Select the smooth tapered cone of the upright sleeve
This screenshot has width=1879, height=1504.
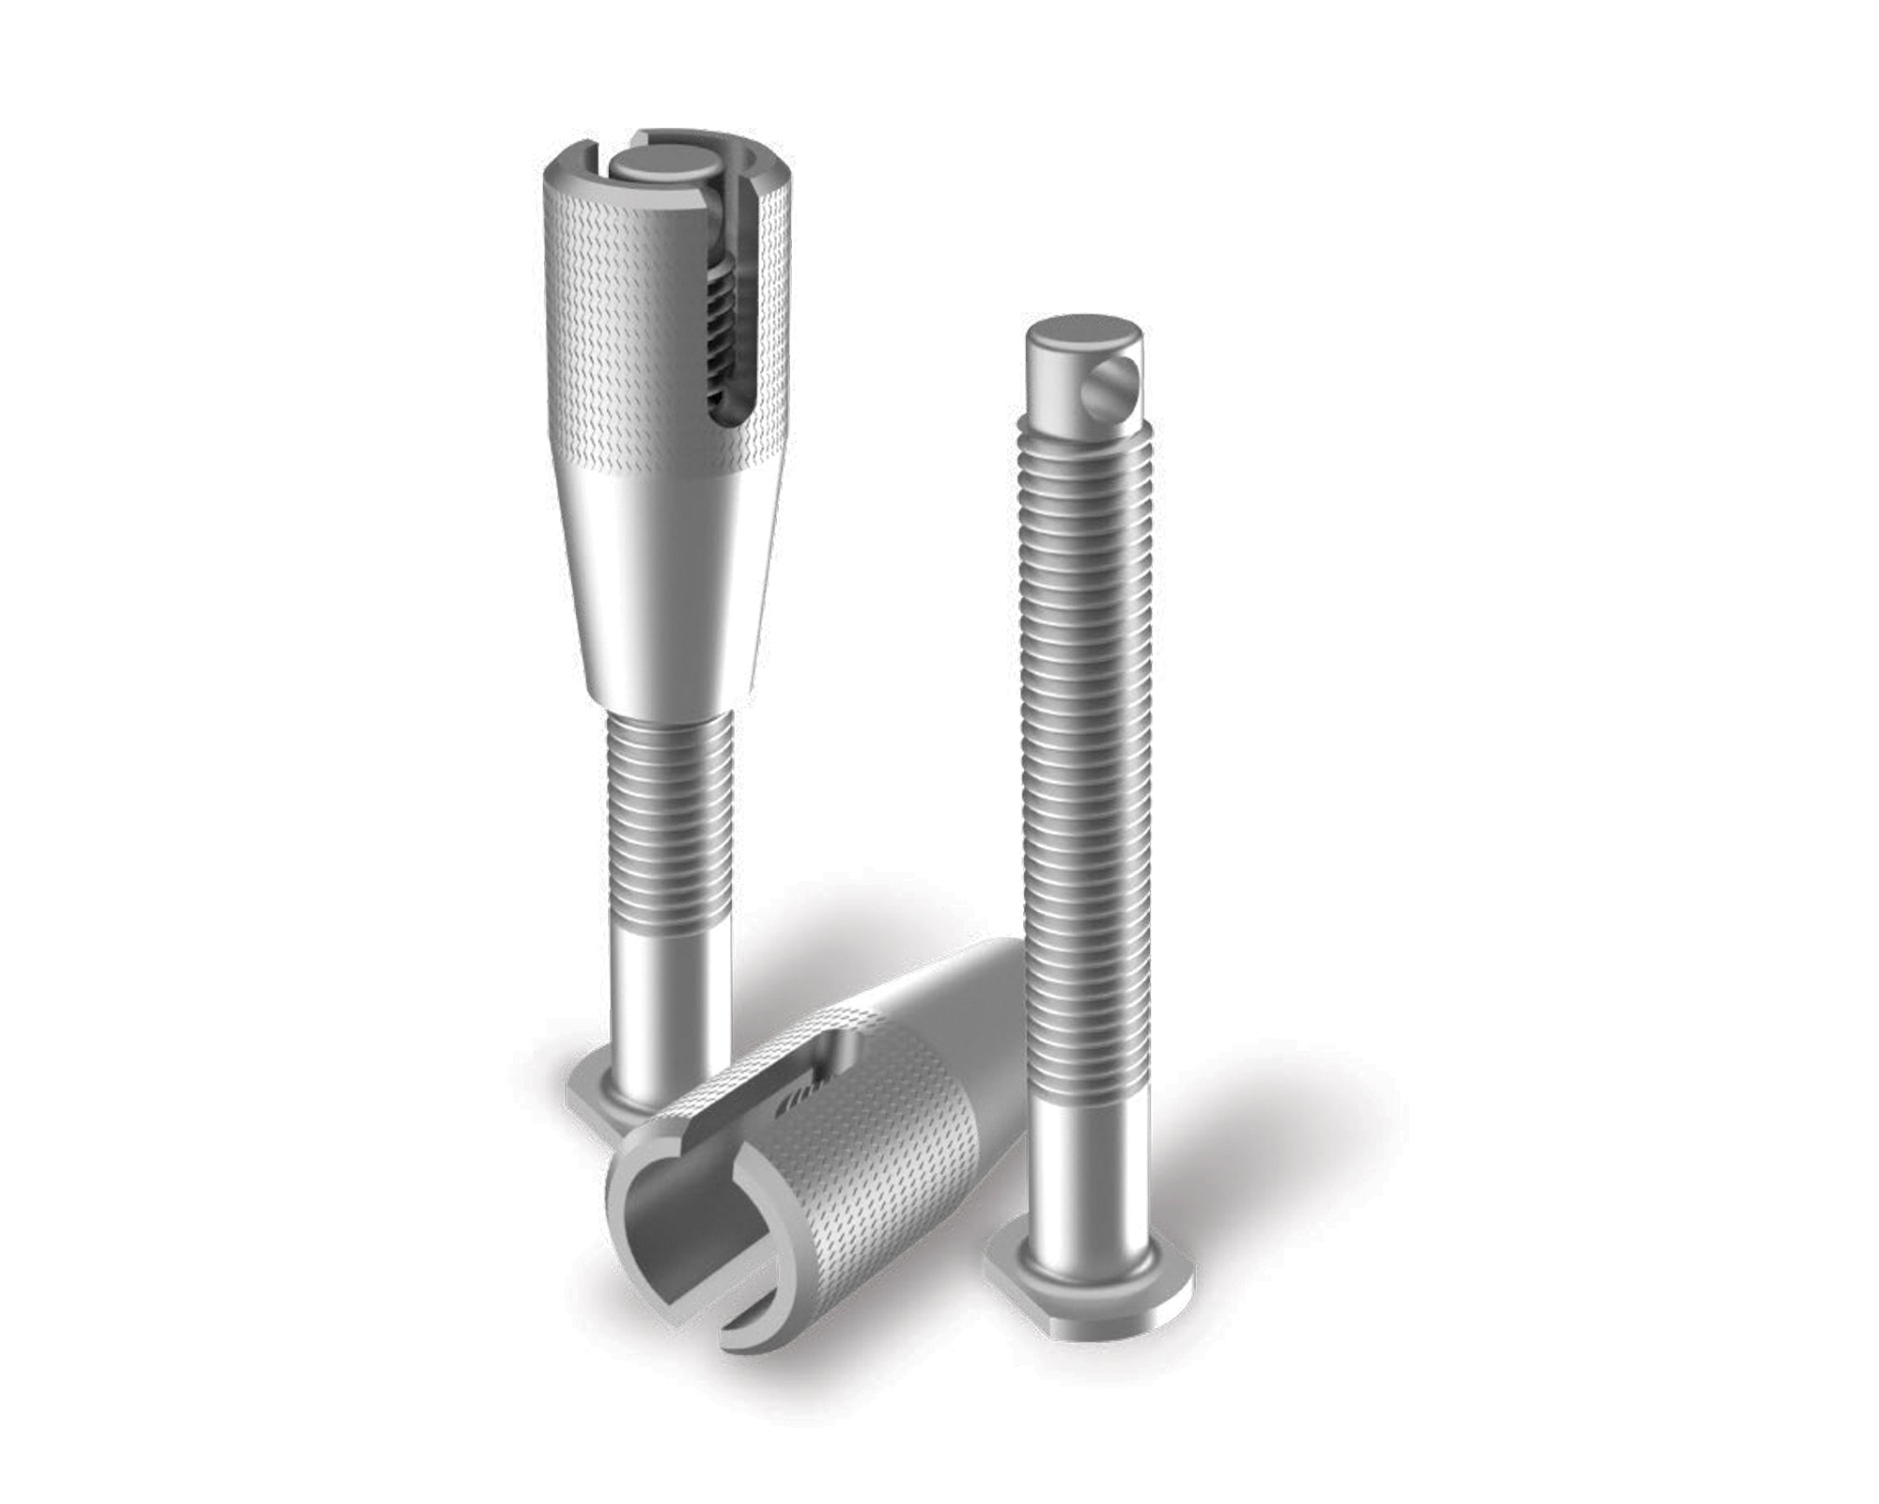click(658, 583)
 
